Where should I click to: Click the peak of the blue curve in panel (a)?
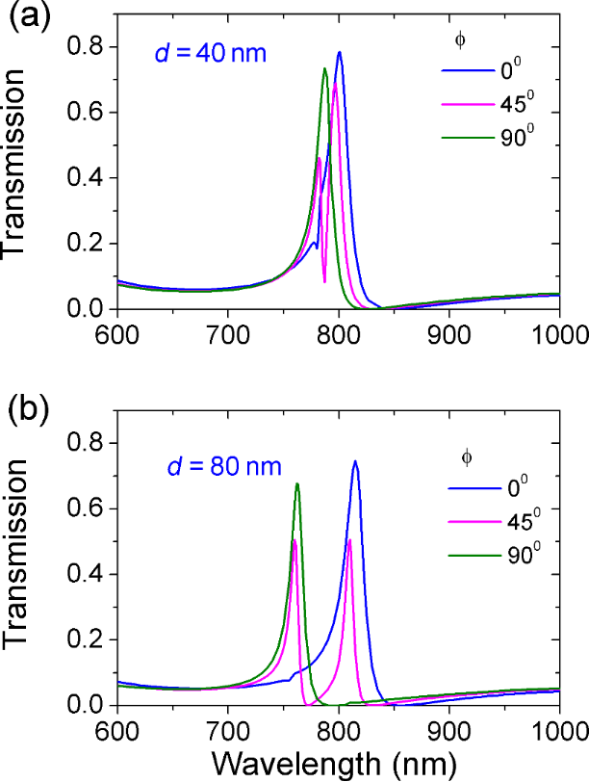[340, 52]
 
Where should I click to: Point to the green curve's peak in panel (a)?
[325, 68]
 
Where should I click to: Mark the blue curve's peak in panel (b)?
[355, 461]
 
